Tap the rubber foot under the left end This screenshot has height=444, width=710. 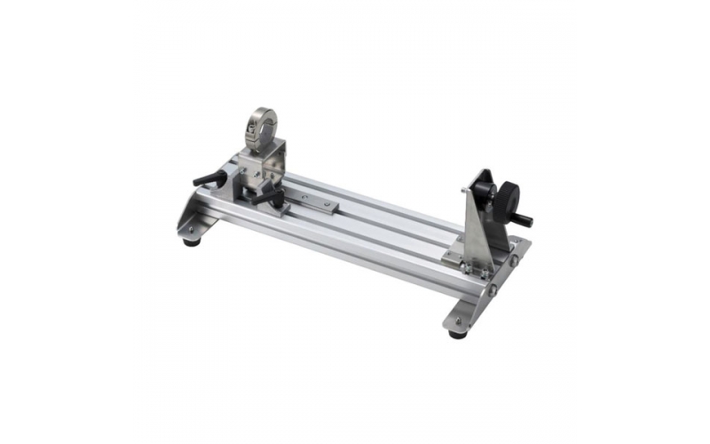pyautogui.click(x=191, y=239)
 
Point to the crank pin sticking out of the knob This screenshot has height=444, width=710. pyautogui.click(x=526, y=220)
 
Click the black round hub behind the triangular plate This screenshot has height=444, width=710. pyautogui.click(x=485, y=192)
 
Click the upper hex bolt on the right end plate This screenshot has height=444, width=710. pyautogui.click(x=513, y=260)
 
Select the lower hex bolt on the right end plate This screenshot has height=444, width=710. pyautogui.click(x=491, y=287)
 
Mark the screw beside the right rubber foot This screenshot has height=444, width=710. pyautogui.click(x=459, y=321)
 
